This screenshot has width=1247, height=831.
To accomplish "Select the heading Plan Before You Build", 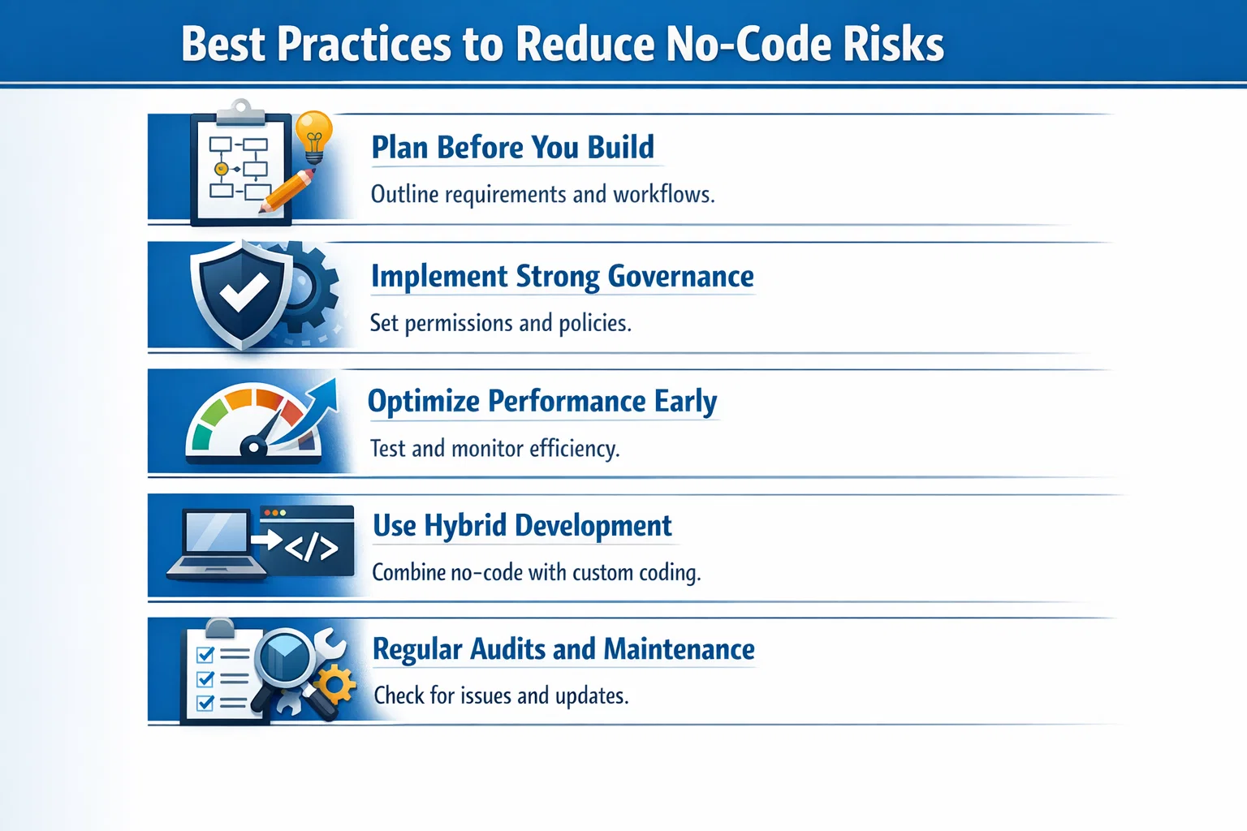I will coord(512,148).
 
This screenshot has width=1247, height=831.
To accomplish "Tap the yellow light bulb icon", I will coord(314,133).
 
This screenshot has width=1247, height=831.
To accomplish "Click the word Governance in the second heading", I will coord(680,277).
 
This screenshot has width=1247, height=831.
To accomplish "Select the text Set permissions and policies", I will coord(500,323).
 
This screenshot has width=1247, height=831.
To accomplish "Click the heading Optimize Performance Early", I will coord(542,402).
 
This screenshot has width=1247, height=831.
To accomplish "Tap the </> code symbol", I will coord(311,548).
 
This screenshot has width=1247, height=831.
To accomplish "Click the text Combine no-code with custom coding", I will coord(536,573).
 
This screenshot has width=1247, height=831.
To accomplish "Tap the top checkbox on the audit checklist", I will coord(205,654).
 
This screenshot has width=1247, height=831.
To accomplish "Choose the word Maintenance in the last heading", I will coord(679,649).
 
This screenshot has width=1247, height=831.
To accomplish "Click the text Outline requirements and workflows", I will coord(542,195).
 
